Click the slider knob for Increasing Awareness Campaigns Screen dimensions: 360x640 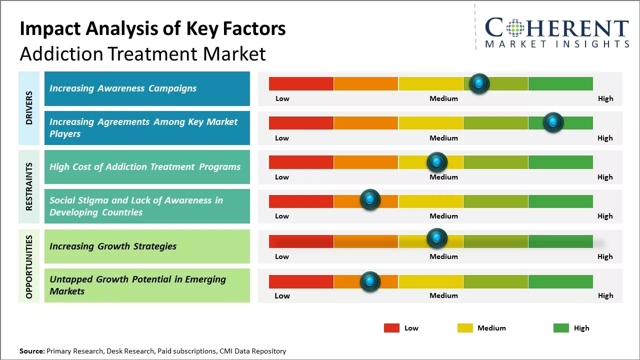tap(479, 83)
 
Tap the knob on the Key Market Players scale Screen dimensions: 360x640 tap(553, 122)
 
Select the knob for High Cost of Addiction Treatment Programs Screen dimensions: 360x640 tap(436, 162)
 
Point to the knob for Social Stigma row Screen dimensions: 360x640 tap(370, 200)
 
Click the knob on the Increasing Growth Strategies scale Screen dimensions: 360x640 tap(436, 238)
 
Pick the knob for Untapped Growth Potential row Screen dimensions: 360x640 tap(370, 281)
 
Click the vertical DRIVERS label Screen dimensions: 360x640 tap(29, 108)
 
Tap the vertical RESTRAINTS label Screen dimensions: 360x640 tap(29, 186)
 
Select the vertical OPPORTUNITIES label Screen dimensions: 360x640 tap(29, 266)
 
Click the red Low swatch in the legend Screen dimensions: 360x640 tap(391, 328)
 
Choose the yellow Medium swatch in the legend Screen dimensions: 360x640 tap(465, 328)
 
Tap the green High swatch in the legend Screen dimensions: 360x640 tap(561, 328)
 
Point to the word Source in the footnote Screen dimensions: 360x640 tap(31, 351)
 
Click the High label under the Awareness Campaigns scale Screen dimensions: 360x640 tap(605, 98)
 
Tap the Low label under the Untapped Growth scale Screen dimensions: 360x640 tap(282, 295)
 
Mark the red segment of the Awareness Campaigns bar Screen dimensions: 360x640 tap(301, 83)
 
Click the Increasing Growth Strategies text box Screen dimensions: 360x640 tap(147, 246)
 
